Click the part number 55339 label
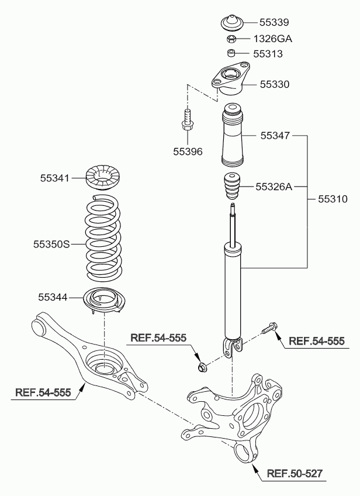274,23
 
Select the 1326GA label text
273,39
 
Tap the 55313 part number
268,54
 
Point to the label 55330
274,85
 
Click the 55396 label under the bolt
188,151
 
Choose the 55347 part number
275,135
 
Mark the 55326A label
274,187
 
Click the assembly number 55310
333,199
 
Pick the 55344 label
53,298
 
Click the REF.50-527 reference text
295,473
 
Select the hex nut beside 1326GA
231,40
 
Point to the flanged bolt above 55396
188,119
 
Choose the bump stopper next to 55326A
233,187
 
